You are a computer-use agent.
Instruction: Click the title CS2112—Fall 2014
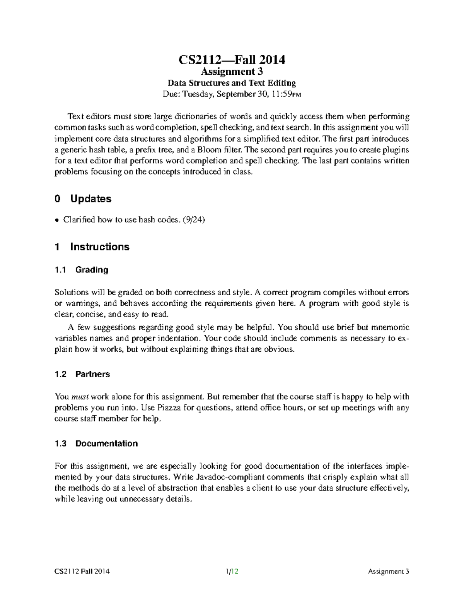pyautogui.click(x=232, y=60)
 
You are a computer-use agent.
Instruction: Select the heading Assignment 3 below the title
pyautogui.click(x=232, y=72)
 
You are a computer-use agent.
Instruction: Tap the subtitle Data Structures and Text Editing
pyautogui.click(x=232, y=83)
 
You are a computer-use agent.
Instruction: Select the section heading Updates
pyautogui.click(x=90, y=199)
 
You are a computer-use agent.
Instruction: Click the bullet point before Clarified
pyautogui.click(x=57, y=220)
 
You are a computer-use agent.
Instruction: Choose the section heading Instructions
pyautogui.click(x=99, y=247)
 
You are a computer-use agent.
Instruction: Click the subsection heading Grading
pyautogui.click(x=92, y=270)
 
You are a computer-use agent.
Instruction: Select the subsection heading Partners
pyautogui.click(x=92, y=374)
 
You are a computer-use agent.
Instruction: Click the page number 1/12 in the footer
pyautogui.click(x=232, y=571)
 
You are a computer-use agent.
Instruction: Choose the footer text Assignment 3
pyautogui.click(x=388, y=571)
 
